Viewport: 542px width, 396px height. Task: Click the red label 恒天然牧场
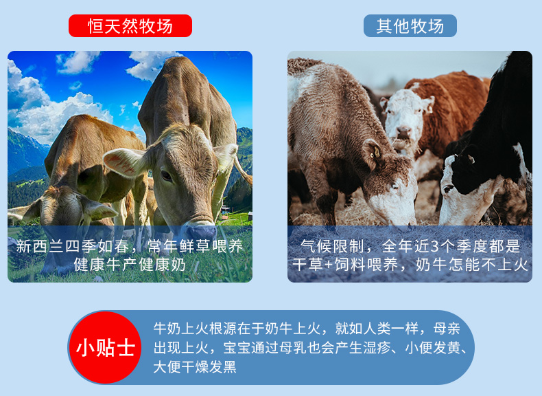(x=130, y=26)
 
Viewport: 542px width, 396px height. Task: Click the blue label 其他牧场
(x=410, y=26)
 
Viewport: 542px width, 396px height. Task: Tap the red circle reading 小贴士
(x=105, y=347)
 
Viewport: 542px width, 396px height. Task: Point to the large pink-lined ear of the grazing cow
(x=125, y=162)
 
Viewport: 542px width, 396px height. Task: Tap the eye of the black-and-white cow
(x=448, y=189)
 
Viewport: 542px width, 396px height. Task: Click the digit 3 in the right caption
(x=435, y=246)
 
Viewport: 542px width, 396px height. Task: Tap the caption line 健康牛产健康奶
(x=130, y=265)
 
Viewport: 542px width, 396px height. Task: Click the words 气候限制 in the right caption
(x=332, y=246)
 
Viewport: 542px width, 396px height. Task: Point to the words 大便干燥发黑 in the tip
(x=195, y=367)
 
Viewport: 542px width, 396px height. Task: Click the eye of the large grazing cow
(x=166, y=175)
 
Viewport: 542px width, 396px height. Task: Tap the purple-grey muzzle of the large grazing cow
(x=199, y=231)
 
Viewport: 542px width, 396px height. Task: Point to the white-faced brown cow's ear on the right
(x=427, y=104)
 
